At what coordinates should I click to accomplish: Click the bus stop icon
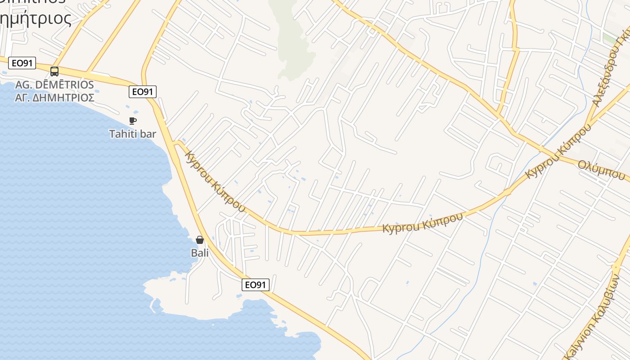[54, 72]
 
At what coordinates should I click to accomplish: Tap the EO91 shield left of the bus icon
[22, 63]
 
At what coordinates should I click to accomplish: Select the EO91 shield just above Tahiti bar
[142, 92]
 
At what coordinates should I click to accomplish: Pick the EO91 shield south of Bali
[256, 284]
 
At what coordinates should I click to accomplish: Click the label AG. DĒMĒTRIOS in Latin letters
[54, 85]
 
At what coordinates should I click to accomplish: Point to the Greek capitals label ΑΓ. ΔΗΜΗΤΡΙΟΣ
[54, 98]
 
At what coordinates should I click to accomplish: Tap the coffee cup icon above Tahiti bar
[132, 121]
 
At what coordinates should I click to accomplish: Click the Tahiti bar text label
[133, 134]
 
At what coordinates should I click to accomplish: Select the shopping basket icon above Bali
[200, 240]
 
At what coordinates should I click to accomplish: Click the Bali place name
[200, 253]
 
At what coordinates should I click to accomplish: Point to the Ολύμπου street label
[602, 170]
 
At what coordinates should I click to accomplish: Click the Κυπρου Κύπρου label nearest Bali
[215, 181]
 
